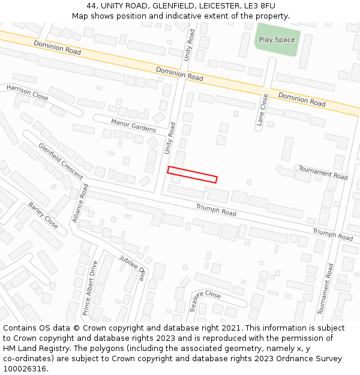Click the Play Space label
tap(277, 40)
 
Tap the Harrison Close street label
tap(27, 92)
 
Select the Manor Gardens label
tap(133, 125)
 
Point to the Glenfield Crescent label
tap(61, 161)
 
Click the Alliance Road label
tap(80, 203)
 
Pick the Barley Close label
tap(43, 215)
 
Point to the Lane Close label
tap(262, 109)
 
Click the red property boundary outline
tap(192, 175)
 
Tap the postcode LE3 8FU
tap(258, 6)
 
